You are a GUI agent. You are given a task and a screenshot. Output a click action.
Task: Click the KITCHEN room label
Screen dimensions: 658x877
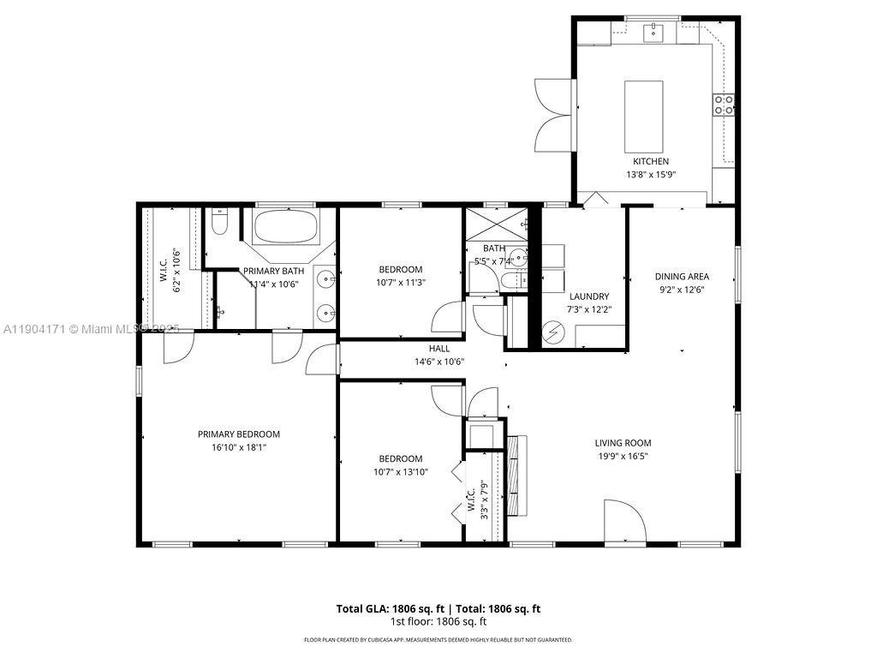[650, 161]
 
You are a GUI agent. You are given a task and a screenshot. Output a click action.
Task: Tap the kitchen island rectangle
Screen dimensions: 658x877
[643, 114]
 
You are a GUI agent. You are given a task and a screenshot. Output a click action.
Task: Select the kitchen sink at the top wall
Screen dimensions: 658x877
[654, 33]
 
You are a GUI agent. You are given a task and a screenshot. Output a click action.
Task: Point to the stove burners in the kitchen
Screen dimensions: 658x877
[724, 105]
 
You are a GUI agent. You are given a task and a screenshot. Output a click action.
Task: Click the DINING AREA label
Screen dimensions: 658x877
[682, 276]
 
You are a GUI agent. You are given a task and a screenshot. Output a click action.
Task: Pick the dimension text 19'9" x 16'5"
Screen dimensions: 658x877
[623, 456]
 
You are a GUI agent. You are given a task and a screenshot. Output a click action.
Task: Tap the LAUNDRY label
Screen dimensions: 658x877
[588, 296]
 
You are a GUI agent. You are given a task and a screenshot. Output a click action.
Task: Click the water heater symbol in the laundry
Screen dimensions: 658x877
[552, 330]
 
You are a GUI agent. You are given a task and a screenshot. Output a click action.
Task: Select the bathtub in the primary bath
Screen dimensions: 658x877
[286, 229]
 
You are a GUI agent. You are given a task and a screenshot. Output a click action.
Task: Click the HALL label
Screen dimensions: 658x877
[438, 349]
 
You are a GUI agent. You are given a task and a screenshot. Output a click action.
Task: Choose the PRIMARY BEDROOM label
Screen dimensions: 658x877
[238, 434]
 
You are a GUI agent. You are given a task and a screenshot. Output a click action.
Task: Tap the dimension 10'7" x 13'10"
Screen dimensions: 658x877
[401, 471]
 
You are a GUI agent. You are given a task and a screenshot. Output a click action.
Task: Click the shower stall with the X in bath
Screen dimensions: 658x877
[495, 224]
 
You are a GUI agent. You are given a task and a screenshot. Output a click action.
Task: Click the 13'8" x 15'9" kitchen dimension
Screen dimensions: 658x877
[650, 175]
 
